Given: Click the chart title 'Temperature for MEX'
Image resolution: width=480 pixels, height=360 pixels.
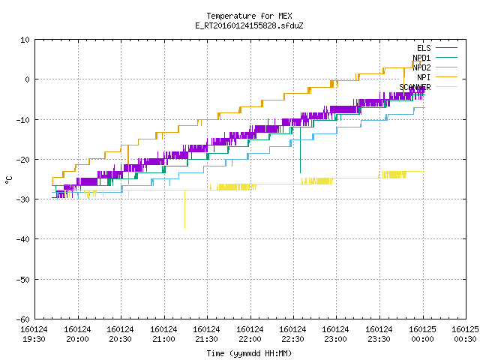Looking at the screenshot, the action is click(249, 16).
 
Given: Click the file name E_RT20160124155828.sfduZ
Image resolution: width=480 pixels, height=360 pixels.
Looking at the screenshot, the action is click(249, 25).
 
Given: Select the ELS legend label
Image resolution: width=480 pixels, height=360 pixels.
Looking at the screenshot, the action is click(424, 48).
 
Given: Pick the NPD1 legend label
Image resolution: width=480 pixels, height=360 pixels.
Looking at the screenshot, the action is click(421, 58).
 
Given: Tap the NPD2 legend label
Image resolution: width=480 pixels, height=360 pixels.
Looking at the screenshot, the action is click(421, 67).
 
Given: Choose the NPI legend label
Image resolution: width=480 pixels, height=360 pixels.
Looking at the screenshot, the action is click(424, 77).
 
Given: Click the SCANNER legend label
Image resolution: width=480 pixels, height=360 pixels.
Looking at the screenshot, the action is click(415, 87).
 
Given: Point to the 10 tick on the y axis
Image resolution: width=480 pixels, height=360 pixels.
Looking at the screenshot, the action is click(25, 40).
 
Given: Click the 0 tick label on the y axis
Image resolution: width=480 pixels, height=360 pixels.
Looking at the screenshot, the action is click(28, 79).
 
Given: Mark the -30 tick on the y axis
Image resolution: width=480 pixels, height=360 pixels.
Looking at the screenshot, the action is click(23, 199).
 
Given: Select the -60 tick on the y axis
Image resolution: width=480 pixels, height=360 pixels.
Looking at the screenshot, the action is click(23, 319).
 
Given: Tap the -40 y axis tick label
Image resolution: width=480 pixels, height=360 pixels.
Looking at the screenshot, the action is click(23, 239).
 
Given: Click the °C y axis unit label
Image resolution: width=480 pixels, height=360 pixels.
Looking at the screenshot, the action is click(8, 180).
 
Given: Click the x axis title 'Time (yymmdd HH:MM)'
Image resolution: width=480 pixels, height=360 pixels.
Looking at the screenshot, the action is click(249, 353).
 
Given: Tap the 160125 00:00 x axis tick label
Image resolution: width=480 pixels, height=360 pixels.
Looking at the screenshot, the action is click(422, 334).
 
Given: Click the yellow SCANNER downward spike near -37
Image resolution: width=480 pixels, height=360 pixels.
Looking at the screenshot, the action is click(184, 209).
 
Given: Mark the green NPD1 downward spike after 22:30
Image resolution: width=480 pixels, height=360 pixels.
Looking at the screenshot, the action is click(300, 150).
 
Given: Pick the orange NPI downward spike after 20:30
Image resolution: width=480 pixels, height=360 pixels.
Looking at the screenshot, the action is click(128, 165).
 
